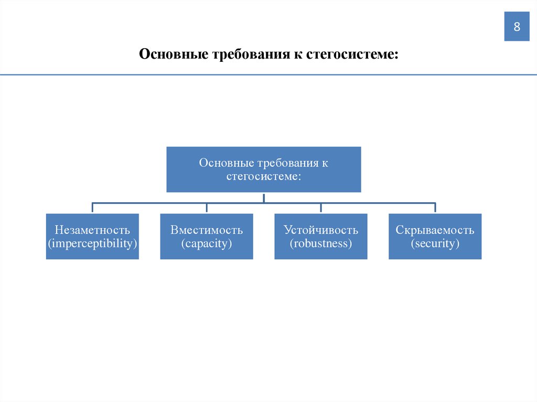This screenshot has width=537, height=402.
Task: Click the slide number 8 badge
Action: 517,27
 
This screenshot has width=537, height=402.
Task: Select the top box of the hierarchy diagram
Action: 264,169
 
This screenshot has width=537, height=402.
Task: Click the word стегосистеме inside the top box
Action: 263,177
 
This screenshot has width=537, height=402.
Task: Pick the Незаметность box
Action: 92,236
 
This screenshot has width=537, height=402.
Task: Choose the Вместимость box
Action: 207,236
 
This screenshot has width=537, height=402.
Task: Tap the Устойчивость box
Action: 321,236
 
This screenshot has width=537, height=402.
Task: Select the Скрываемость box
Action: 435,236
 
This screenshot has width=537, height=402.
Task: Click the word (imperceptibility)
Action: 92,244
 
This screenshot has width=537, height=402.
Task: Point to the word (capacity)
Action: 207,244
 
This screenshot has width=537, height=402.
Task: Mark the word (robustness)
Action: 321,244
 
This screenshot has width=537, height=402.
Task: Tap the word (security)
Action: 435,244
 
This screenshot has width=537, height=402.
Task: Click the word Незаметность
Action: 92,230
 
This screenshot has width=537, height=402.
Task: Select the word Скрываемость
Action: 435,230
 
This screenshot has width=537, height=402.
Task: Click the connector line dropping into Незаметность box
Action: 92,208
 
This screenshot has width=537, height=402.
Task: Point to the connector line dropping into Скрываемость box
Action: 435,208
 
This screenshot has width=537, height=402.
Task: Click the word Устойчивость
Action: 321,230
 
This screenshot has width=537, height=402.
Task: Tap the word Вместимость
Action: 207,230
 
